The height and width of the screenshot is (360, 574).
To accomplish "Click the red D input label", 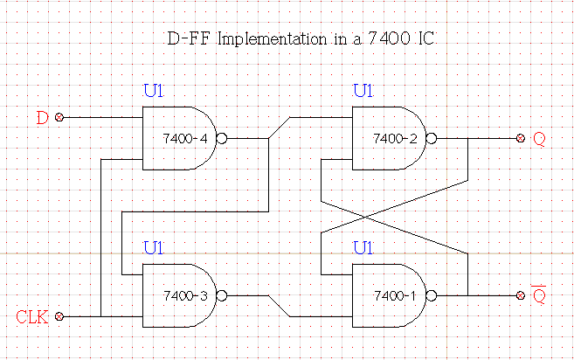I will point(42,117).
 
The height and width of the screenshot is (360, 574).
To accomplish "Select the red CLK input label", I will point(31,316).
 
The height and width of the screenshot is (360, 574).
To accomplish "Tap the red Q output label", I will point(538,139).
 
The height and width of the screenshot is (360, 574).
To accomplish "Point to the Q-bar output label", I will point(539,295).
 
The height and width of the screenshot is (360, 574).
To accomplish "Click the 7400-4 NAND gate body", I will point(178,138).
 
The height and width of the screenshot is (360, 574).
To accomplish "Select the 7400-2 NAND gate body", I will point(388,138).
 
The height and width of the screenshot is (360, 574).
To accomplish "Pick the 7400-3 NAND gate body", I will point(178,295).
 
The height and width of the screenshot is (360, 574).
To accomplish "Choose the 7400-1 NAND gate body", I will point(388,295).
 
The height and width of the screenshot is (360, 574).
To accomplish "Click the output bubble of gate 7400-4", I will point(222,138).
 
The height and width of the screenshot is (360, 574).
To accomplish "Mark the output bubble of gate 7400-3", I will point(222,295).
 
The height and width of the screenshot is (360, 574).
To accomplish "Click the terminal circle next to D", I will point(59,117).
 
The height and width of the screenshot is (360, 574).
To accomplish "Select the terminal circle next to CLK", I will point(59,316).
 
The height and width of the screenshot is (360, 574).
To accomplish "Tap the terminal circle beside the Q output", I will point(521,138).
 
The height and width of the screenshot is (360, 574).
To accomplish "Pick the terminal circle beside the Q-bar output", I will point(521,295).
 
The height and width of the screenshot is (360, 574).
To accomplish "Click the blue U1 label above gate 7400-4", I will point(153,90).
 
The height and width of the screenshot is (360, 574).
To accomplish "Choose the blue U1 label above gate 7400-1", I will point(363,247).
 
